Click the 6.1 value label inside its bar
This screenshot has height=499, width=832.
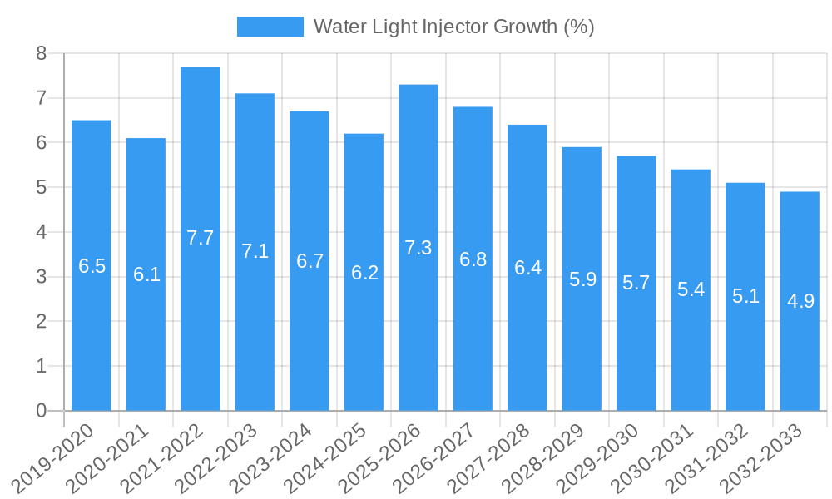tap(146, 274)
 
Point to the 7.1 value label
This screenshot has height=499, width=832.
tap(255, 251)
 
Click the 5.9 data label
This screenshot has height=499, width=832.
tap(582, 279)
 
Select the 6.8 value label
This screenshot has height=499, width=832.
tap(473, 259)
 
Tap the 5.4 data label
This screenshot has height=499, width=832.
tap(691, 290)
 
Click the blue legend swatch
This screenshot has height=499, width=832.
tap(270, 27)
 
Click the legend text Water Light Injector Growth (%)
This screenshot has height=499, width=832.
tap(453, 27)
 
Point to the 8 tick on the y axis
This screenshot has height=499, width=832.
tap(41, 54)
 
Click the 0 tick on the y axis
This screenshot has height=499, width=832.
tap(41, 411)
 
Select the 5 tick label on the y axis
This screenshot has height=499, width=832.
tap(41, 188)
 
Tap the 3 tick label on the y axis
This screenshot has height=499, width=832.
tap(41, 277)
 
